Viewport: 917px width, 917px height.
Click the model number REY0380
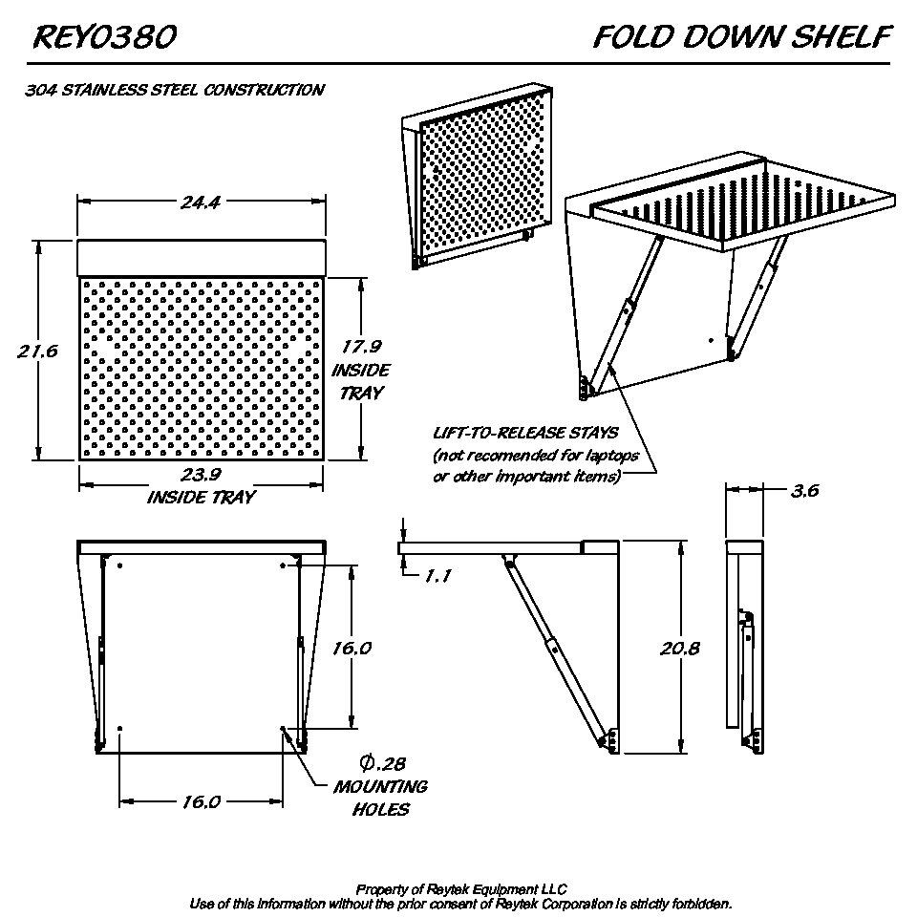pos(105,37)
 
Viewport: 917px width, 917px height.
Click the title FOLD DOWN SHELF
pos(742,37)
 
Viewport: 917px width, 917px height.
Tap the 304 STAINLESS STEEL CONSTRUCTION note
pos(174,90)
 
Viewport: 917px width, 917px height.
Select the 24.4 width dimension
pos(200,202)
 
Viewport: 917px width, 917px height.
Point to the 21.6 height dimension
pos(37,351)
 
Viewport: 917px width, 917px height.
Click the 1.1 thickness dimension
pos(437,576)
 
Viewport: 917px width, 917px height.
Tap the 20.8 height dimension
pos(680,648)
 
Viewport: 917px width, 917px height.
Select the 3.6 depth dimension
pos(804,491)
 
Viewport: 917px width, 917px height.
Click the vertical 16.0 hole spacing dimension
pos(352,648)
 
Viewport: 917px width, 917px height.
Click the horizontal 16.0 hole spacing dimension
pos(201,801)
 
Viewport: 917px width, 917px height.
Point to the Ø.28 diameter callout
pos(383,762)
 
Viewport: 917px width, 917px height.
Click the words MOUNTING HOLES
pos(381,798)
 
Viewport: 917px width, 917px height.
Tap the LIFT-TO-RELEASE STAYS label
pos(525,433)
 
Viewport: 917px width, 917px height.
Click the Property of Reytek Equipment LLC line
pos(461,889)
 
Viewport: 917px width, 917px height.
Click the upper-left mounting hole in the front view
pos(120,565)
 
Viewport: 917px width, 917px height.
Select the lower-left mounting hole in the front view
pos(120,729)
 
